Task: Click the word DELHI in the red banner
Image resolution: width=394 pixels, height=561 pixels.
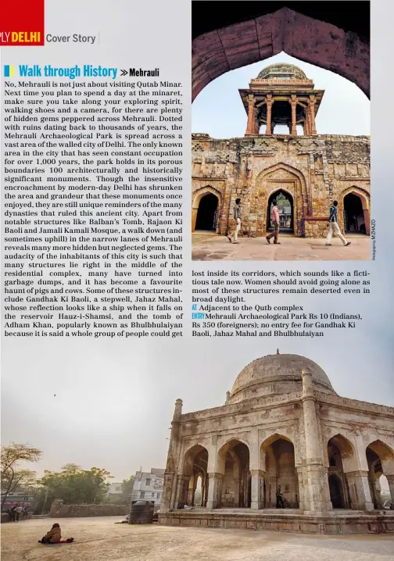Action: tap(26, 37)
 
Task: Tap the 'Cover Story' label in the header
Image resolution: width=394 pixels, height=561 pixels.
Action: tap(70, 38)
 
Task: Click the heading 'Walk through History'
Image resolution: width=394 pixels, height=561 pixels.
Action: tap(68, 72)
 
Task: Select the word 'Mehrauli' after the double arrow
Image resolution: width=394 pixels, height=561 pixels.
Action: tap(144, 73)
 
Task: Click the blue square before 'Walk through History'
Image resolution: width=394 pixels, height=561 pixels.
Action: tap(9, 72)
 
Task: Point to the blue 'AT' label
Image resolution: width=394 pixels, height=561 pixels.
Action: tap(195, 308)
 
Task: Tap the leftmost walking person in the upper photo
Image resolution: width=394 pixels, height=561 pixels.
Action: tap(236, 220)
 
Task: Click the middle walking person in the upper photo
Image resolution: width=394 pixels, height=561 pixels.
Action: tap(274, 222)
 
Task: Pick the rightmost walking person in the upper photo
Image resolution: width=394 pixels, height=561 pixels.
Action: tap(335, 223)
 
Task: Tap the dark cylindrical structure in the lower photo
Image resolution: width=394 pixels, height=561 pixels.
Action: tap(141, 512)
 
